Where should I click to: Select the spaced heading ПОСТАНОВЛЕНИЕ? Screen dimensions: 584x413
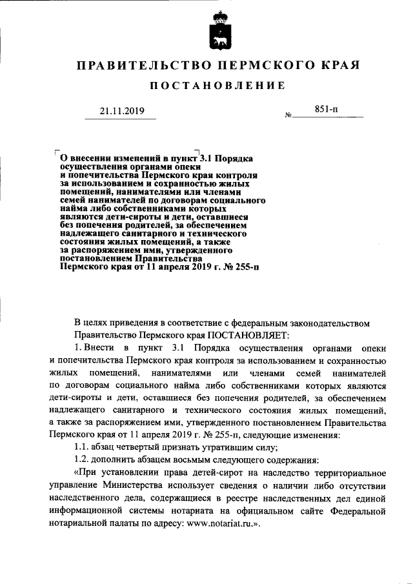217,86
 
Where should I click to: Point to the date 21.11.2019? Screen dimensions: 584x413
122,111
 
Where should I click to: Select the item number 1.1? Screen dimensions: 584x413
83,447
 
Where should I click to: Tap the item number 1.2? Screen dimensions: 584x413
83,460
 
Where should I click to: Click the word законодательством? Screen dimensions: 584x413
329,322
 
